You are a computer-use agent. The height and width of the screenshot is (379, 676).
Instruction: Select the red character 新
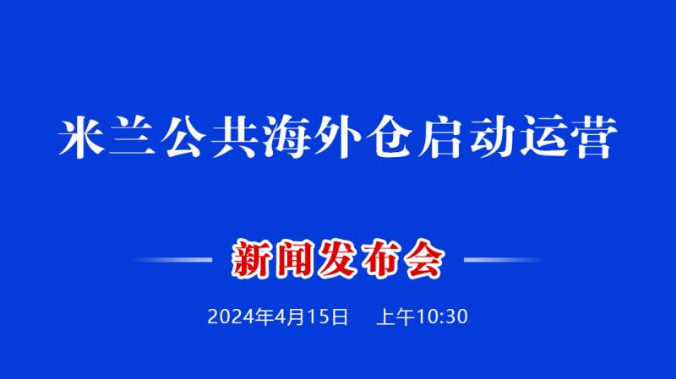(251, 259)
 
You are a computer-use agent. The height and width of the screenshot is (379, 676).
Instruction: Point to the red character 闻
(294, 259)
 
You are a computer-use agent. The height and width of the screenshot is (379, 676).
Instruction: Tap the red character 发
(337, 259)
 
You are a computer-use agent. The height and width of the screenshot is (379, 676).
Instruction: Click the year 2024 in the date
(231, 317)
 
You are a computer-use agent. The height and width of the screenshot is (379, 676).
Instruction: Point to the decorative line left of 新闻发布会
(172, 260)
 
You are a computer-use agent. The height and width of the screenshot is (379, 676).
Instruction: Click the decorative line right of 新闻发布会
(504, 260)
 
